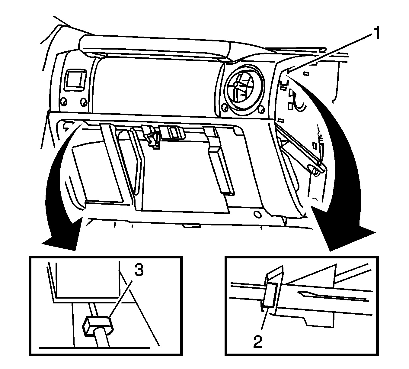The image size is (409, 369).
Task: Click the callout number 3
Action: pyautogui.click(x=139, y=272)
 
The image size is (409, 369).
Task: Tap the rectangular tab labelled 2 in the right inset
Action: pyautogui.click(x=270, y=295)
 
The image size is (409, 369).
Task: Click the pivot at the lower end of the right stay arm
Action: pyautogui.click(x=315, y=172)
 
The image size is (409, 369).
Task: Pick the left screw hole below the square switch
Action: pyautogui.click(x=64, y=101)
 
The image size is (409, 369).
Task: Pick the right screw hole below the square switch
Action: pyautogui.click(x=83, y=102)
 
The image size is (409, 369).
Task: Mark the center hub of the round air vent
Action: pyautogui.click(x=236, y=84)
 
